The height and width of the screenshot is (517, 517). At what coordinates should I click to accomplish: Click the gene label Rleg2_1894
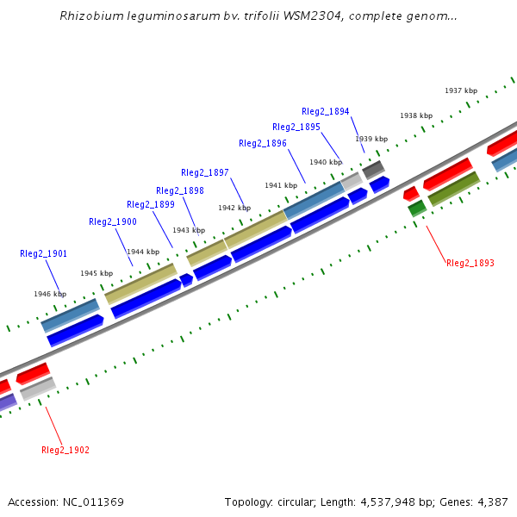click(326, 111)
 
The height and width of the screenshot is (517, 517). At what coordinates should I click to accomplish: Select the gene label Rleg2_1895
click(296, 127)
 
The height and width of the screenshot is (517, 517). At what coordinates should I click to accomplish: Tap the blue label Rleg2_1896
click(263, 143)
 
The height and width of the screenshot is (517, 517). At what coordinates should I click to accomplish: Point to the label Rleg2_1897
click(205, 172)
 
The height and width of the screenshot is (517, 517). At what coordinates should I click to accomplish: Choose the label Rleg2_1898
click(180, 190)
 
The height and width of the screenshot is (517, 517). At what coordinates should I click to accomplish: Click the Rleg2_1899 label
click(151, 205)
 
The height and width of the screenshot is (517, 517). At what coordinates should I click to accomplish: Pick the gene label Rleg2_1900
click(113, 221)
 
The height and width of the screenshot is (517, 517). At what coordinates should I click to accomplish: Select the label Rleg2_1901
click(44, 253)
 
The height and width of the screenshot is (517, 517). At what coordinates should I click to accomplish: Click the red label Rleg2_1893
click(470, 263)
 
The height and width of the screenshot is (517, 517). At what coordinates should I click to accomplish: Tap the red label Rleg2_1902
click(65, 450)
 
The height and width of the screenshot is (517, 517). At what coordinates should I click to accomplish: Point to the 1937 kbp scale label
click(461, 90)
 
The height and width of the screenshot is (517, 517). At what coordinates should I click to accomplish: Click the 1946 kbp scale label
click(50, 294)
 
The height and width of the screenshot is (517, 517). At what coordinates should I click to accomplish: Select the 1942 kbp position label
click(234, 208)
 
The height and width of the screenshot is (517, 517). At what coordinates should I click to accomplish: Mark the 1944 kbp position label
click(142, 252)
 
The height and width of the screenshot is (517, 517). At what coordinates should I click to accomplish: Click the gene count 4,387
click(490, 501)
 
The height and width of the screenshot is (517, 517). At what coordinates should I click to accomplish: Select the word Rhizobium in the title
click(89, 16)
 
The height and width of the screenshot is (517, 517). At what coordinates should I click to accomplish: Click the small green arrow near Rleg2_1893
click(417, 208)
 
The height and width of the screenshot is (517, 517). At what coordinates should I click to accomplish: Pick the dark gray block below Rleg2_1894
click(373, 170)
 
